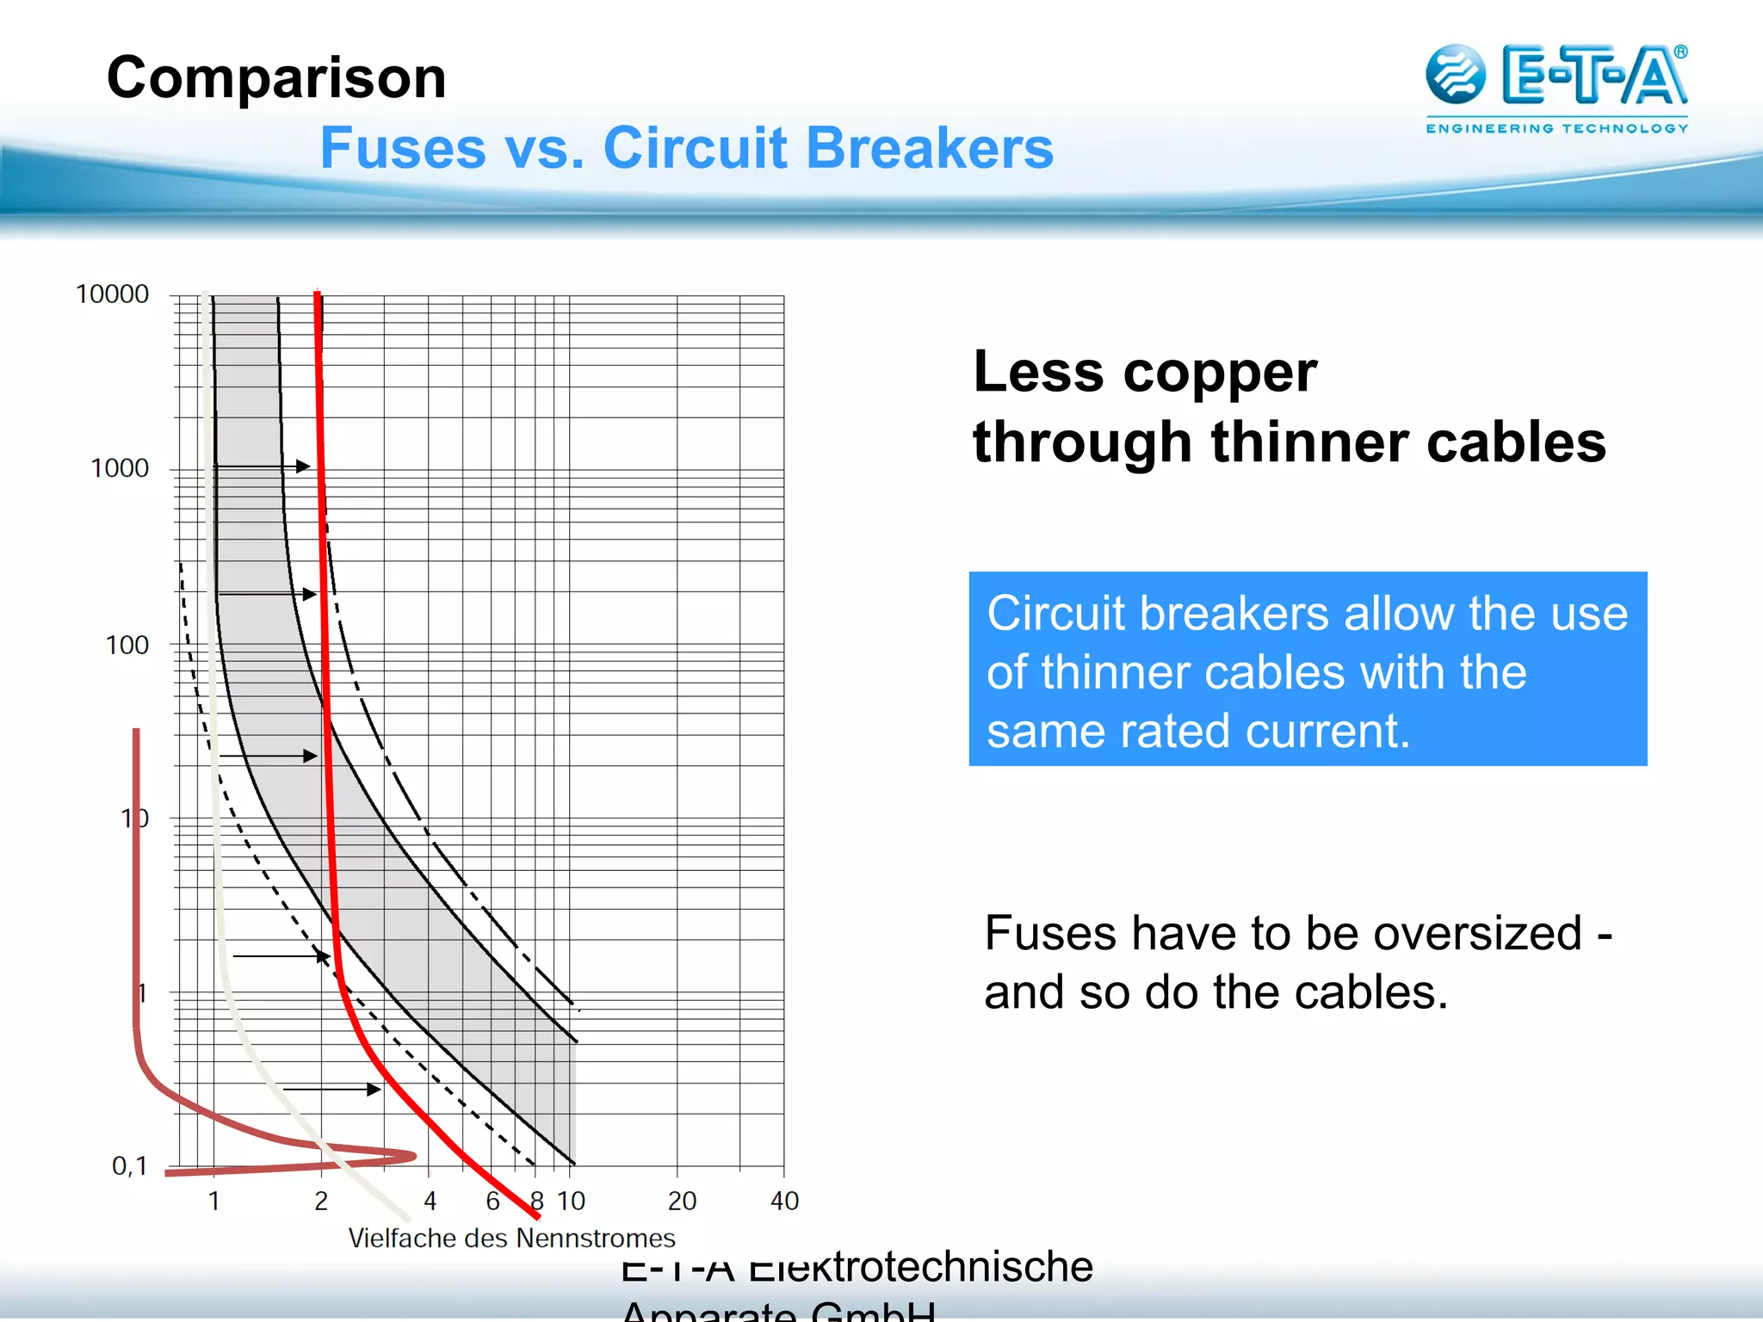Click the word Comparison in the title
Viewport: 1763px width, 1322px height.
pyautogui.click(x=276, y=78)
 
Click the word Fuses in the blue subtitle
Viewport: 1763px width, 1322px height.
pyautogui.click(x=402, y=148)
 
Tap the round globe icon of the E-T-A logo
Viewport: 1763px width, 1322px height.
pyautogui.click(x=1455, y=75)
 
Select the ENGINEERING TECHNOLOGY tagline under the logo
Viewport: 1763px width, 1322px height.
pyautogui.click(x=1556, y=128)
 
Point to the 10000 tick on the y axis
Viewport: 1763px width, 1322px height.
pyautogui.click(x=112, y=294)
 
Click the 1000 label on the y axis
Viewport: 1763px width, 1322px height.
pyautogui.click(x=120, y=468)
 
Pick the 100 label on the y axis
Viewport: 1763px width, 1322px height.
pyautogui.click(x=127, y=645)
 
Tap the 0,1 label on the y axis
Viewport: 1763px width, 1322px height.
pyautogui.click(x=130, y=1166)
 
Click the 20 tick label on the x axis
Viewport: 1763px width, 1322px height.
pyautogui.click(x=682, y=1201)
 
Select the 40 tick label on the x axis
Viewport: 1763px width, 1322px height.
pyautogui.click(x=784, y=1201)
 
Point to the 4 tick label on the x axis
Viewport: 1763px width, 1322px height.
pyautogui.click(x=430, y=1201)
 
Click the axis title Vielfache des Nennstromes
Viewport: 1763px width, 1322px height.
pyautogui.click(x=511, y=1239)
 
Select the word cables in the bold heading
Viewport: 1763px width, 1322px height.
pyautogui.click(x=1515, y=443)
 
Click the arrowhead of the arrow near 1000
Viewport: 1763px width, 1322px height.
pyautogui.click(x=303, y=466)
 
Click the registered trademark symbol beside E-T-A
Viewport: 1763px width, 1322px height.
pyautogui.click(x=1680, y=52)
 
